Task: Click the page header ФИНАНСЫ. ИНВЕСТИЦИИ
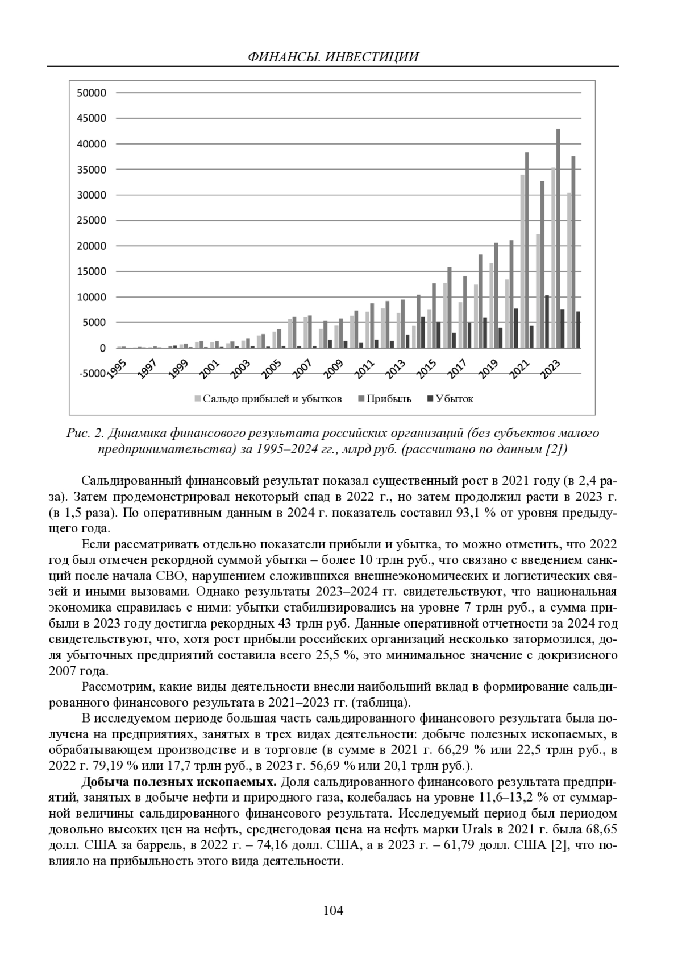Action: coord(333,57)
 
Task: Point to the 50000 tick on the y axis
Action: coord(92,93)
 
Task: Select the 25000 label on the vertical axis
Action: coord(92,221)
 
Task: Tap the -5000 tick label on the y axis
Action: coord(90,374)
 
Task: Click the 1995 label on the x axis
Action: coord(117,369)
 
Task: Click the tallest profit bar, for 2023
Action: coord(558,239)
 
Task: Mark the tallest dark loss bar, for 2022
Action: coord(547,321)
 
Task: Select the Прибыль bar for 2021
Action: coord(527,250)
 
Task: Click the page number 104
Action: coord(333,910)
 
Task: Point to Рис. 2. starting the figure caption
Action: coord(85,434)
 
